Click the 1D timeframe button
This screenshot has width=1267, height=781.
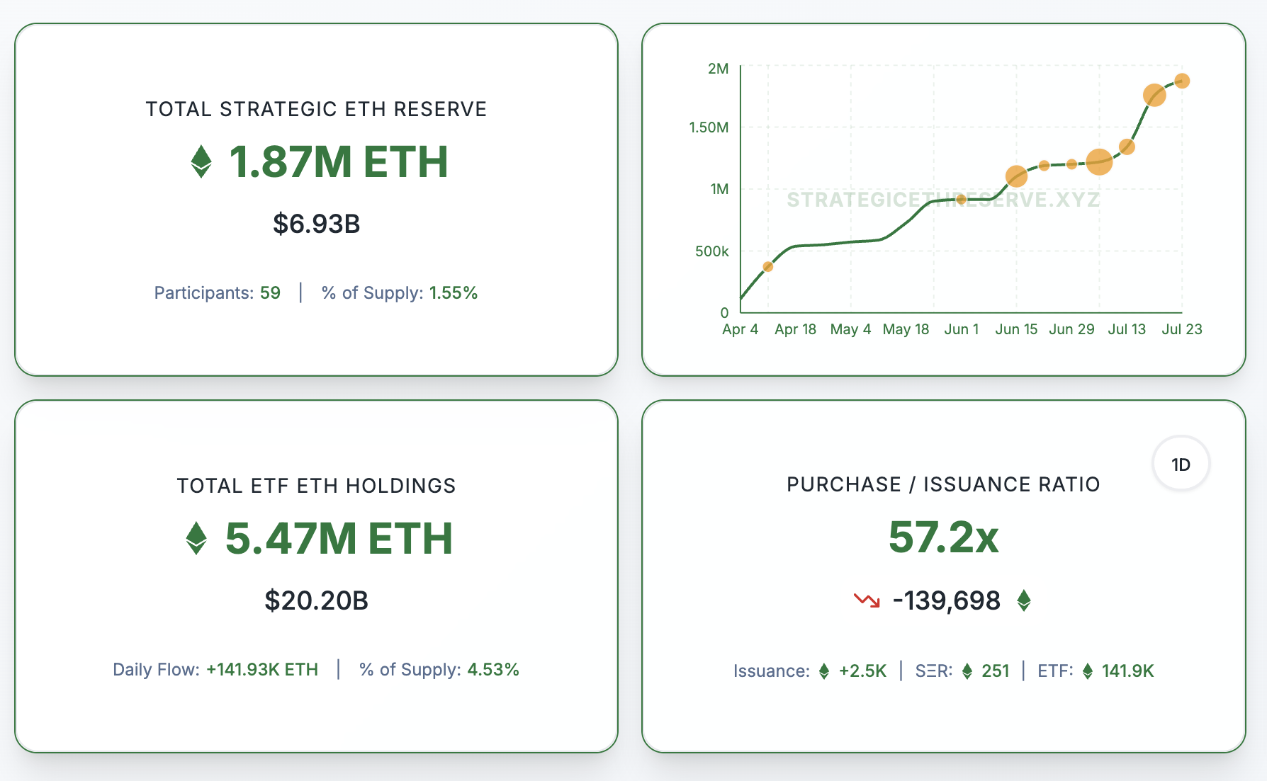coord(1181,464)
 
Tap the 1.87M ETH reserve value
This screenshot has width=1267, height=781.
coord(339,161)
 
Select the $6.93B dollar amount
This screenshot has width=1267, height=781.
coord(316,224)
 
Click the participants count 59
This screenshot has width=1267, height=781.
coord(270,293)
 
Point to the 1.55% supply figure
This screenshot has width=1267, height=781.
coord(454,293)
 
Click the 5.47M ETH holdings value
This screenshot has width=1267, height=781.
coord(339,538)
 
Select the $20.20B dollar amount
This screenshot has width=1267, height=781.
coord(316,600)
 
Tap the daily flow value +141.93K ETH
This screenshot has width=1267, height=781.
coord(262,670)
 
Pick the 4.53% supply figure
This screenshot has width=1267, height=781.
coord(493,670)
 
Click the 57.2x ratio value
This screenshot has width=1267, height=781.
coord(943,537)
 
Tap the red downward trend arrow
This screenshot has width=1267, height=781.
coord(867,601)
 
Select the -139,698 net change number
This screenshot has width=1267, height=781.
coord(947,601)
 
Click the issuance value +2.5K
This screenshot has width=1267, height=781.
coord(862,671)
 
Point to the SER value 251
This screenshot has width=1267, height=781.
coord(995,671)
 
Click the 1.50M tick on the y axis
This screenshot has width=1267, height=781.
coord(709,127)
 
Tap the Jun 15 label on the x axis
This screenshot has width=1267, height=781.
coord(1016,329)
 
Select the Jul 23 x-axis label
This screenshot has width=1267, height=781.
coord(1182,329)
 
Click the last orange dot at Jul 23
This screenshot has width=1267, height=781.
coord(1182,81)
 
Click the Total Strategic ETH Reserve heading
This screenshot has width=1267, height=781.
coord(316,109)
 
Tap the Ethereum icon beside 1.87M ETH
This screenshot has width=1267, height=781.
coord(201,161)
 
